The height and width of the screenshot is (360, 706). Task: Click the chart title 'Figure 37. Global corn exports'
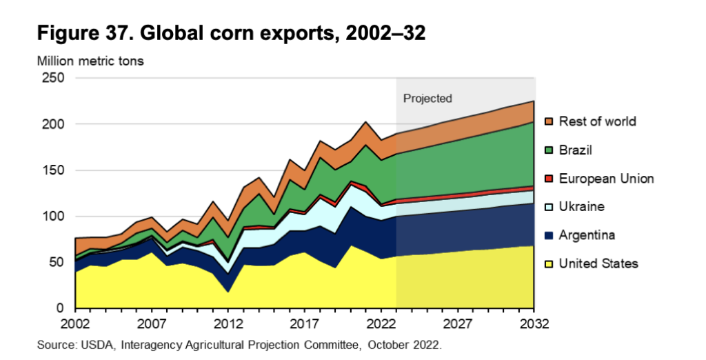[x=231, y=32]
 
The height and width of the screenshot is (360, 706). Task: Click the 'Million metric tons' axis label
[x=90, y=61]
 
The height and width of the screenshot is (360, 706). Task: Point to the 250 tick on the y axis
[x=55, y=79]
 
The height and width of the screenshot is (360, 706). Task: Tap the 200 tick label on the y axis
[x=55, y=124]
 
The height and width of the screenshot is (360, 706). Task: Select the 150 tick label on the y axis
[x=55, y=170]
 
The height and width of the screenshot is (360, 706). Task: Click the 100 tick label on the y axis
[x=55, y=217]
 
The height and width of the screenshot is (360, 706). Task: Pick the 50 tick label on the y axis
[x=58, y=263]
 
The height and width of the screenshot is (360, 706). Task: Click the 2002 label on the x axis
[x=75, y=323]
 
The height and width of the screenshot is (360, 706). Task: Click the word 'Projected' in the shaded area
[x=427, y=99]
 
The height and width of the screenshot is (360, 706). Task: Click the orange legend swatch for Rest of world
[x=549, y=122]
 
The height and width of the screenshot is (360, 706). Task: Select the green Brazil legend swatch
[x=549, y=150]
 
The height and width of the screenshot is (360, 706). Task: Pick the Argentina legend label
[x=587, y=235]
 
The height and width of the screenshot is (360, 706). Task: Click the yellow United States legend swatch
[x=549, y=263]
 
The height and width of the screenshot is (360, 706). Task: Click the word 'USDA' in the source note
[x=90, y=343]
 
